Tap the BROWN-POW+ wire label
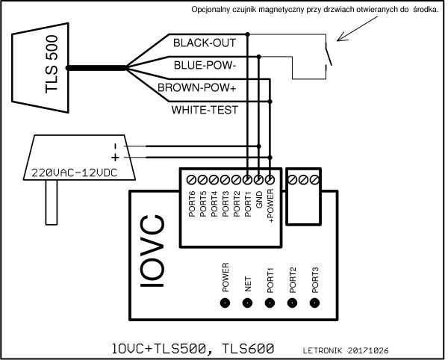click(198, 88)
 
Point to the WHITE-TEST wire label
click(205, 110)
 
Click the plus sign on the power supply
click(115, 158)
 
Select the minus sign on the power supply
click(115, 146)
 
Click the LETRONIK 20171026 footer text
click(346, 350)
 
